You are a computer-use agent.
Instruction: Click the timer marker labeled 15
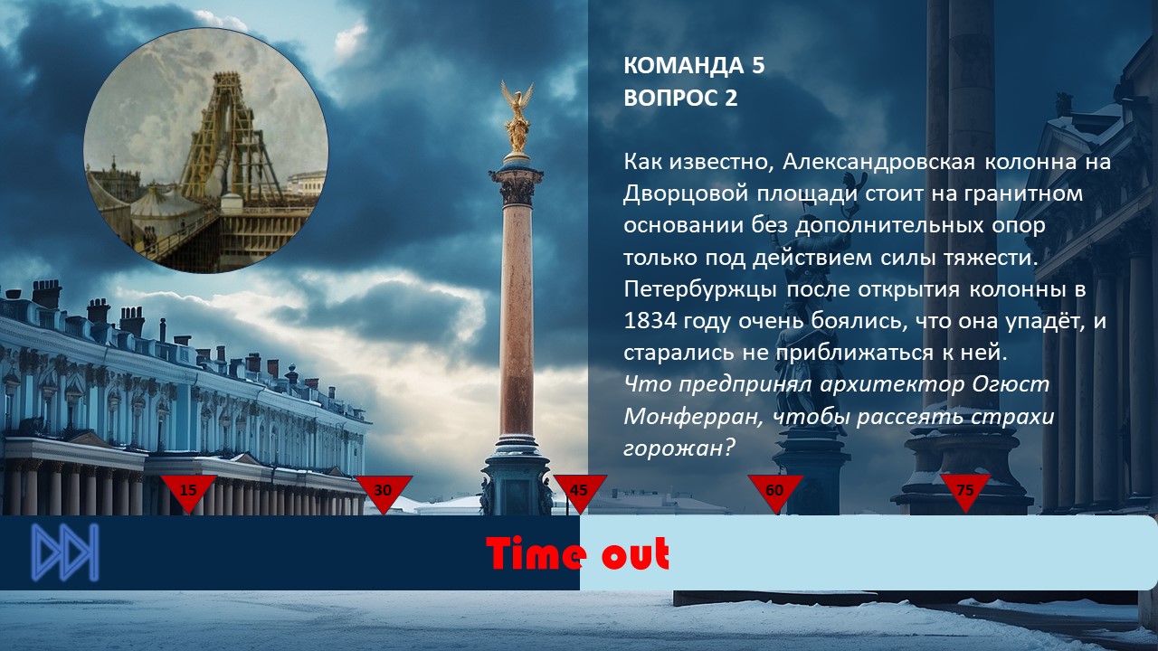189,491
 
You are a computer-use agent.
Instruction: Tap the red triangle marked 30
384,491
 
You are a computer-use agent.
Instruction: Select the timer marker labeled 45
580,491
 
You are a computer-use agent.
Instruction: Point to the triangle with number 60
775,491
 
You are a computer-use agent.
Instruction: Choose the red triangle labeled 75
965,491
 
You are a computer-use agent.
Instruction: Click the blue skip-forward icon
65,552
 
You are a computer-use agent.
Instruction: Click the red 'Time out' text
577,553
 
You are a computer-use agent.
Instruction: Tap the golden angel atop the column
517,118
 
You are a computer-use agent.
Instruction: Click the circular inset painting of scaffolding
205,150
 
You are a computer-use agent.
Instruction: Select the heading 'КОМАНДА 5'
694,66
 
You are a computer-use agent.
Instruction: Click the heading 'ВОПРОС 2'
680,98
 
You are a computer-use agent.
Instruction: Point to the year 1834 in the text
650,321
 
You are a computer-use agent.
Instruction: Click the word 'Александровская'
878,162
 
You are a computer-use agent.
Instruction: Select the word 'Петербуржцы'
700,289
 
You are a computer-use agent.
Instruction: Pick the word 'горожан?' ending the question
679,448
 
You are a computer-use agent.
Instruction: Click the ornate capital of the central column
517,188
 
